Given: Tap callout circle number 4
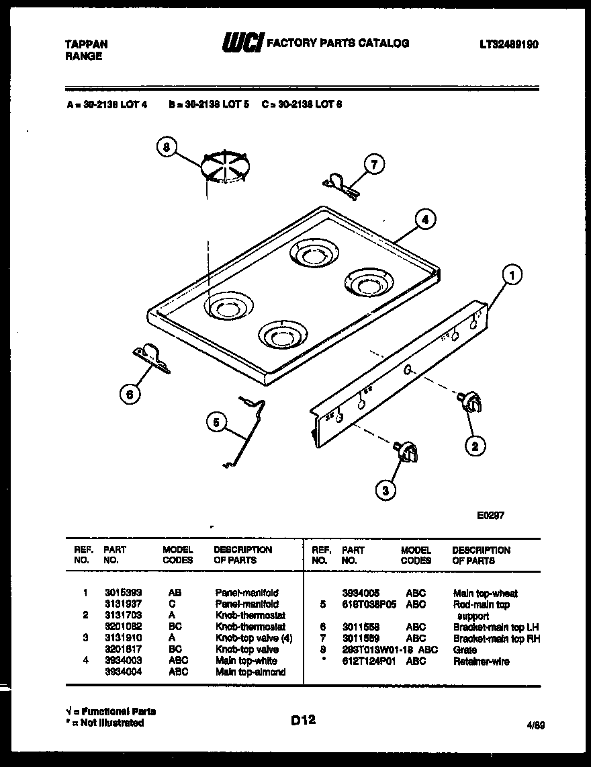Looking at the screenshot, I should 423,218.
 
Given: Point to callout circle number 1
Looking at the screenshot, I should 512,274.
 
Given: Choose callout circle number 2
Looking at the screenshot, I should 475,444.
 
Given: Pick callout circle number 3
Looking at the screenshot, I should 385,491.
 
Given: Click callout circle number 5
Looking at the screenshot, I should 217,422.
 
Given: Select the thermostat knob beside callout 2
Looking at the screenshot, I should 471,403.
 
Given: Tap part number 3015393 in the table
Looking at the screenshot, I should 123,593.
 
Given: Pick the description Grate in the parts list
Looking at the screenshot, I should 465,650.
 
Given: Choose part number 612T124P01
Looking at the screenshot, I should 367,661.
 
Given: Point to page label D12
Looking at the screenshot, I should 303,720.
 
